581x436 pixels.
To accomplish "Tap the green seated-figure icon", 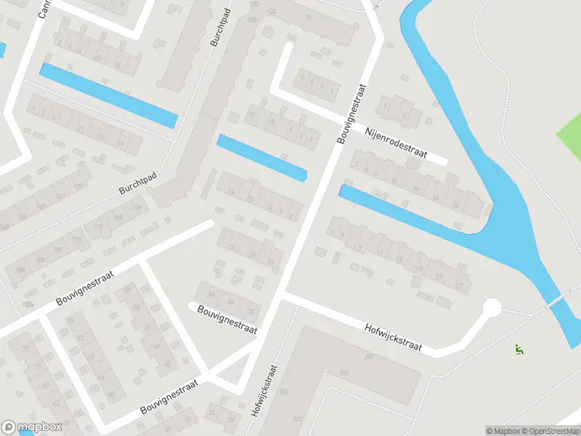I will coord(519,349).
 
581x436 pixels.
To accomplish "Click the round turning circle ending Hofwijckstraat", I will coord(492,308).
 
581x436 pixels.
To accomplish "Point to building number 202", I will coord(370,357).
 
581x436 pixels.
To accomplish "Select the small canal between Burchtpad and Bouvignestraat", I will coord(261,158).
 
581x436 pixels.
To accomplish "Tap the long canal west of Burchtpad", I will coord(109,95).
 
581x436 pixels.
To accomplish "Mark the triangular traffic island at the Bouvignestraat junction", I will coord(232,378).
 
